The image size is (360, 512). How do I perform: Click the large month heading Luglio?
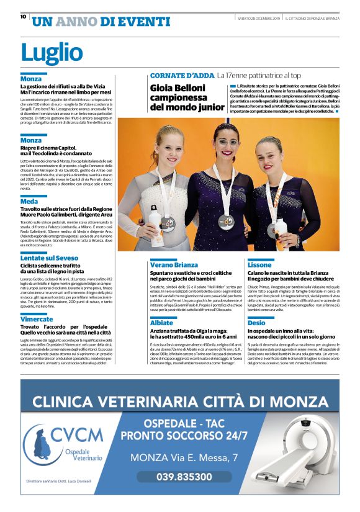tap(52, 52)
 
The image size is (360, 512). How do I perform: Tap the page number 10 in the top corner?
tap(22, 17)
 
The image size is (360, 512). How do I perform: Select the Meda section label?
tap(29, 202)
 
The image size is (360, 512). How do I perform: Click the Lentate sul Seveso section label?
tap(49, 257)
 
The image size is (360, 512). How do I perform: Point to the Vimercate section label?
tap(41, 319)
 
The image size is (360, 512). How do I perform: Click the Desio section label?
tap(256, 323)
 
